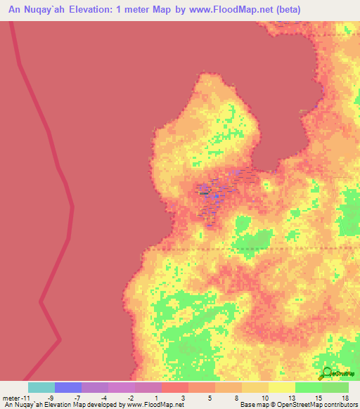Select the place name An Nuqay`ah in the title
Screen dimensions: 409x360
[37, 9]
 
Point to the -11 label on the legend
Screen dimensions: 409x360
[24, 398]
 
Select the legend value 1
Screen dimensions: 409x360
[156, 398]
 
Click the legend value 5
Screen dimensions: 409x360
[210, 398]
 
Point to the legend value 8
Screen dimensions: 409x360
[236, 398]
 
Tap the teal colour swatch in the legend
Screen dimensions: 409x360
[41, 387]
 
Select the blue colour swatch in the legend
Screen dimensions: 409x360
[67, 387]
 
